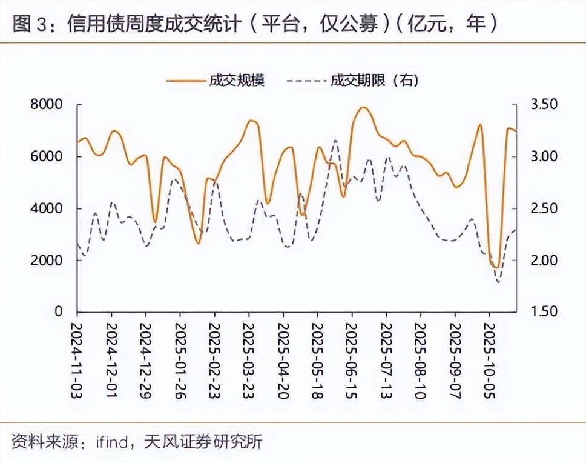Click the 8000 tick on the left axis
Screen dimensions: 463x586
coord(47,105)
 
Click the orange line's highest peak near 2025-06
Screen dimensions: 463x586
coord(363,107)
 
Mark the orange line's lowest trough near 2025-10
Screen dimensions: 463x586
coord(496,267)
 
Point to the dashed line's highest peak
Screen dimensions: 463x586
coord(336,140)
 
